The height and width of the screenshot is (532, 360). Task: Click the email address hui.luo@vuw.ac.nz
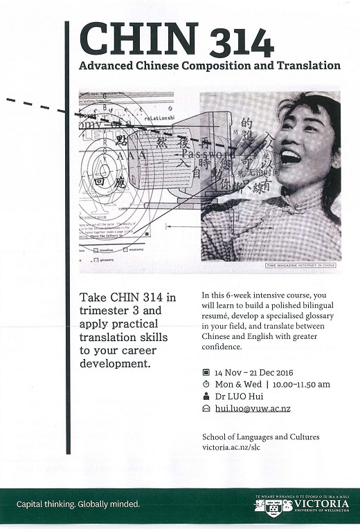point(251,409)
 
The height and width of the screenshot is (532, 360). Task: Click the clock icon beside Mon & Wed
point(206,383)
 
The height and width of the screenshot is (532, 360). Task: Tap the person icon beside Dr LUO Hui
point(206,396)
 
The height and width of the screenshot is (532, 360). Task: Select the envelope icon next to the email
point(206,409)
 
